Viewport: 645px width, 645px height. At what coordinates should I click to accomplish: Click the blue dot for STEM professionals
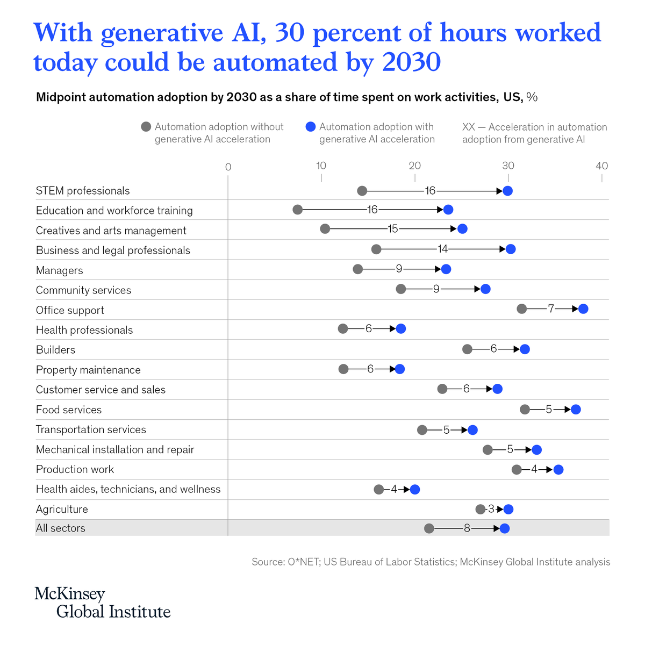tap(507, 191)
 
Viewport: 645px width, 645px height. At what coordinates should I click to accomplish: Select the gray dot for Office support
tap(521, 309)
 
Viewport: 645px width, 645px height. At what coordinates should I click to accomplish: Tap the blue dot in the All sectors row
tap(504, 528)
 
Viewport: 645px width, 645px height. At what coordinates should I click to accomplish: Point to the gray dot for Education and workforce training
tap(297, 210)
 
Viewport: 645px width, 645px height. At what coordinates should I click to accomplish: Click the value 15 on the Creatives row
tap(393, 229)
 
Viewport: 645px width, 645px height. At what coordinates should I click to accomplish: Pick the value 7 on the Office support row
tap(551, 309)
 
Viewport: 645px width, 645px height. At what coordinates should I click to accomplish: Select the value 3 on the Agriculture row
tap(491, 509)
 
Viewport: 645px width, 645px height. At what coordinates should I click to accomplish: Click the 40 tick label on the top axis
tap(601, 166)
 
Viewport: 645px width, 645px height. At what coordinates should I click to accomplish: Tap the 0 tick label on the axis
tap(228, 167)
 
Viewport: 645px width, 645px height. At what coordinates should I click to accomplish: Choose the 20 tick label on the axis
tap(414, 166)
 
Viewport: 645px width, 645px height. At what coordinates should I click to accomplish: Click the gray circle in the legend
tap(146, 127)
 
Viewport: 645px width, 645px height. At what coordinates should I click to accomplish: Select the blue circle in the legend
tap(310, 127)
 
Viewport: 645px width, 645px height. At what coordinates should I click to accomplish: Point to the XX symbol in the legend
tap(468, 127)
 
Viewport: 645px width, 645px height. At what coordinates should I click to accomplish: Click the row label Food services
tap(69, 410)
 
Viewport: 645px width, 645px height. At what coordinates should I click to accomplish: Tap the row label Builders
tap(55, 350)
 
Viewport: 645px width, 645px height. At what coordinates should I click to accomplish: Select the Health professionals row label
tap(84, 330)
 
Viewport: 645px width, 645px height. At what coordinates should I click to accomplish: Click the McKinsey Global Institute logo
tap(102, 603)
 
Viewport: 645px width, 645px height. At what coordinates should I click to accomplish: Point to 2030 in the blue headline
tap(411, 62)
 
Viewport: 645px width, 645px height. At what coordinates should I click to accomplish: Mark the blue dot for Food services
tap(576, 410)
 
